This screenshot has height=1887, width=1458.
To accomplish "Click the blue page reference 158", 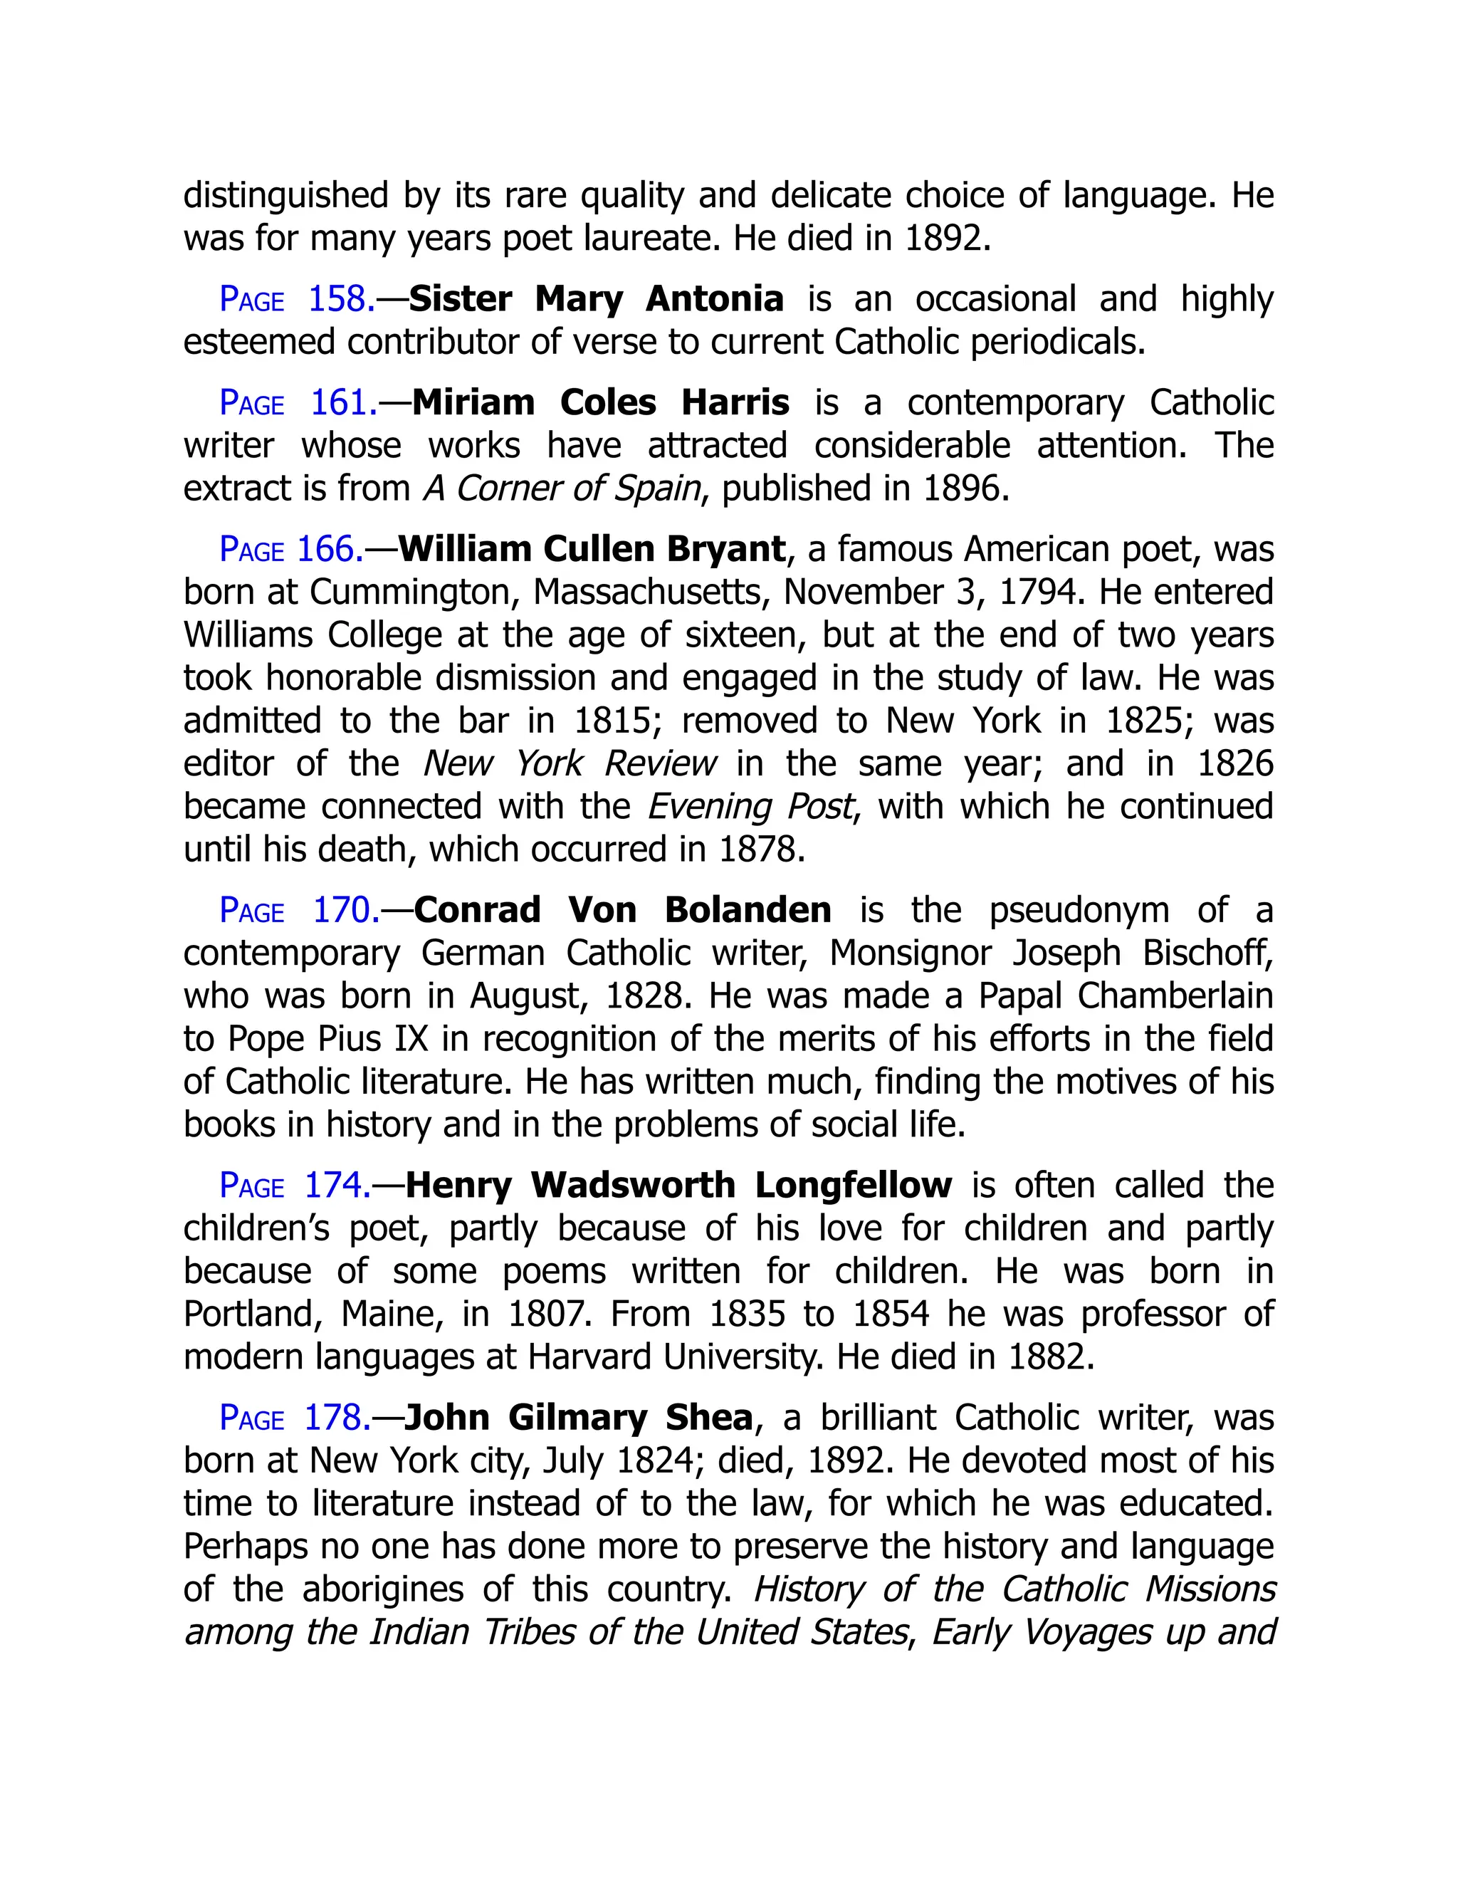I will point(297,299).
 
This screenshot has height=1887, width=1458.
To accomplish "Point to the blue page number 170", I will point(300,911).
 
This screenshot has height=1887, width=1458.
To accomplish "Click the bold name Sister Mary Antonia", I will point(596,299).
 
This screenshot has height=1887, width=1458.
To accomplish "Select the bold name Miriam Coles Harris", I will point(600,402).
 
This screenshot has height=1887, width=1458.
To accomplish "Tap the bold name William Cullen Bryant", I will point(592,550).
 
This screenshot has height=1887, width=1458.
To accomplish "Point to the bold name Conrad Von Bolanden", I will point(622,911).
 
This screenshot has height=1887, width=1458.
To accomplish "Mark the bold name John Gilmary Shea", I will point(579,1418).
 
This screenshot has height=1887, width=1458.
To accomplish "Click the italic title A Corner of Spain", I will point(562,489).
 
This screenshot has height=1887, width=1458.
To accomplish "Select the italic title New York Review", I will point(570,764).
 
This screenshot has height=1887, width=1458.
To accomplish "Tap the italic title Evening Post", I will point(750,807).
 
